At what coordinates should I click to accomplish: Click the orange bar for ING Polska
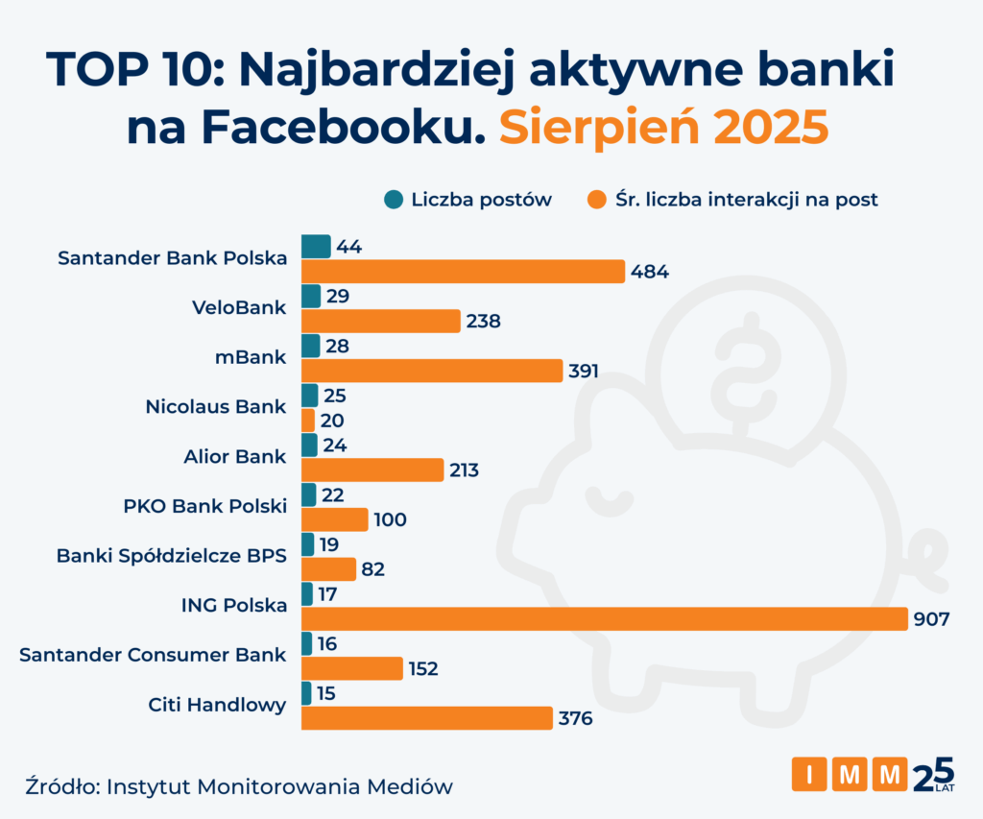[x=605, y=619]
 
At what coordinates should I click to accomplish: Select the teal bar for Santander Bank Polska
[x=316, y=247]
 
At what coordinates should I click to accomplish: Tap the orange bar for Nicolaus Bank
[x=308, y=421]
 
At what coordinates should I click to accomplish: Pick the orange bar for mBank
[x=432, y=371]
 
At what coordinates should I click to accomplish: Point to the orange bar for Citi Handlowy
[x=427, y=718]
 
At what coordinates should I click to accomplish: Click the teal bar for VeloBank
[x=311, y=296]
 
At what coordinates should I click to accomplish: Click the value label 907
[x=931, y=619]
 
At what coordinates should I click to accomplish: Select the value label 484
[x=650, y=272]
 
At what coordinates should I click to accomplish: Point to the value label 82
[x=373, y=569]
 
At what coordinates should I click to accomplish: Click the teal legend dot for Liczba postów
[x=393, y=200]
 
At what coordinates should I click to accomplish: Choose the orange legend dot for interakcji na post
[x=596, y=200]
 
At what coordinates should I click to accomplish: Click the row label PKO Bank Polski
[x=204, y=505]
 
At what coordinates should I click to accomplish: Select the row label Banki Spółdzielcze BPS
[x=172, y=555]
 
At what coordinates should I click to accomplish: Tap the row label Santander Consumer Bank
[x=153, y=655]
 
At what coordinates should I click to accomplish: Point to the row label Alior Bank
[x=234, y=456]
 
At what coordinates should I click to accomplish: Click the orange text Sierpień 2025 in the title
[x=663, y=129]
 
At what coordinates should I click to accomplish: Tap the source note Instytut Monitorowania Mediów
[x=279, y=786]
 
